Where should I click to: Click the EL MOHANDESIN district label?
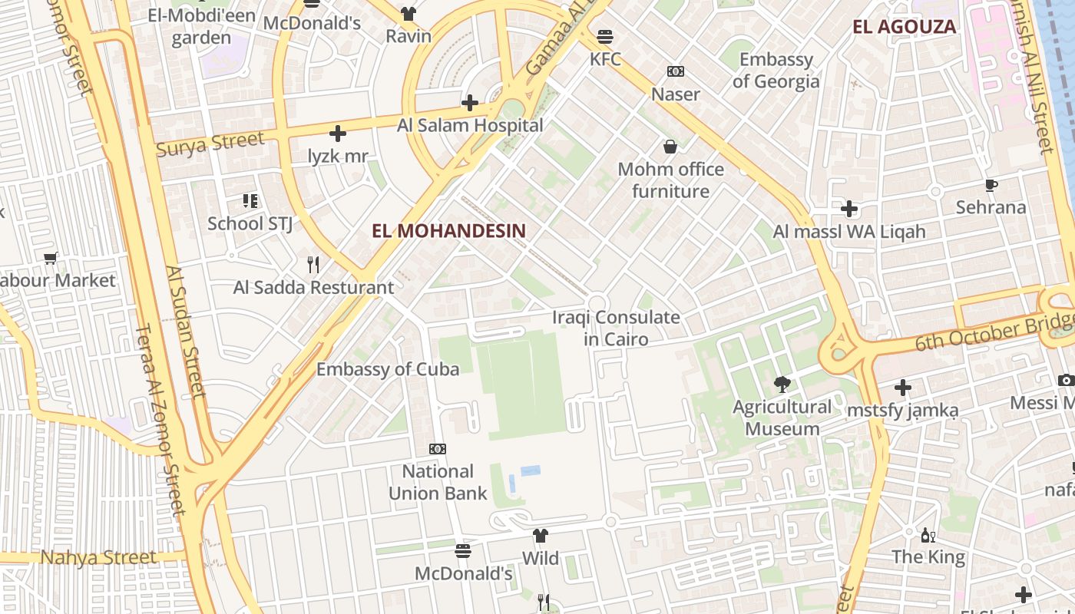pyautogui.click(x=449, y=231)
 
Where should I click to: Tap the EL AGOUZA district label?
pyautogui.click(x=905, y=27)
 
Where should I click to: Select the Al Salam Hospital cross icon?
pyautogui.click(x=470, y=103)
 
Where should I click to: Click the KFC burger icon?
pyautogui.click(x=605, y=36)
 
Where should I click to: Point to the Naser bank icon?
pyautogui.click(x=676, y=71)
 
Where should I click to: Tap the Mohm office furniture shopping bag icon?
pyautogui.click(x=670, y=146)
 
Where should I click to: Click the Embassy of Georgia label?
pyautogui.click(x=776, y=70)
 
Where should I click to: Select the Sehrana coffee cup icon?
pyautogui.click(x=991, y=185)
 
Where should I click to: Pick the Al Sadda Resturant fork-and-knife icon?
pyautogui.click(x=313, y=265)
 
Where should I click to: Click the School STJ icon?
pyautogui.click(x=250, y=201)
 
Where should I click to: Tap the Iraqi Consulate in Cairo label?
pyautogui.click(x=616, y=328)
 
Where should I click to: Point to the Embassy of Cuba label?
pyautogui.click(x=388, y=368)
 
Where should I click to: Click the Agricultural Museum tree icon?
pyautogui.click(x=782, y=384)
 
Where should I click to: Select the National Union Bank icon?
pyautogui.click(x=438, y=449)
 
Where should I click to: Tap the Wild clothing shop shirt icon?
pyautogui.click(x=541, y=536)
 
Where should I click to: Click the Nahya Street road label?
pyautogui.click(x=98, y=557)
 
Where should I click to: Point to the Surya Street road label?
pyautogui.click(x=210, y=144)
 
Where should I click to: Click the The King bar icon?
pyautogui.click(x=928, y=535)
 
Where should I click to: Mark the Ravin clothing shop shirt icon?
pyautogui.click(x=408, y=14)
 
